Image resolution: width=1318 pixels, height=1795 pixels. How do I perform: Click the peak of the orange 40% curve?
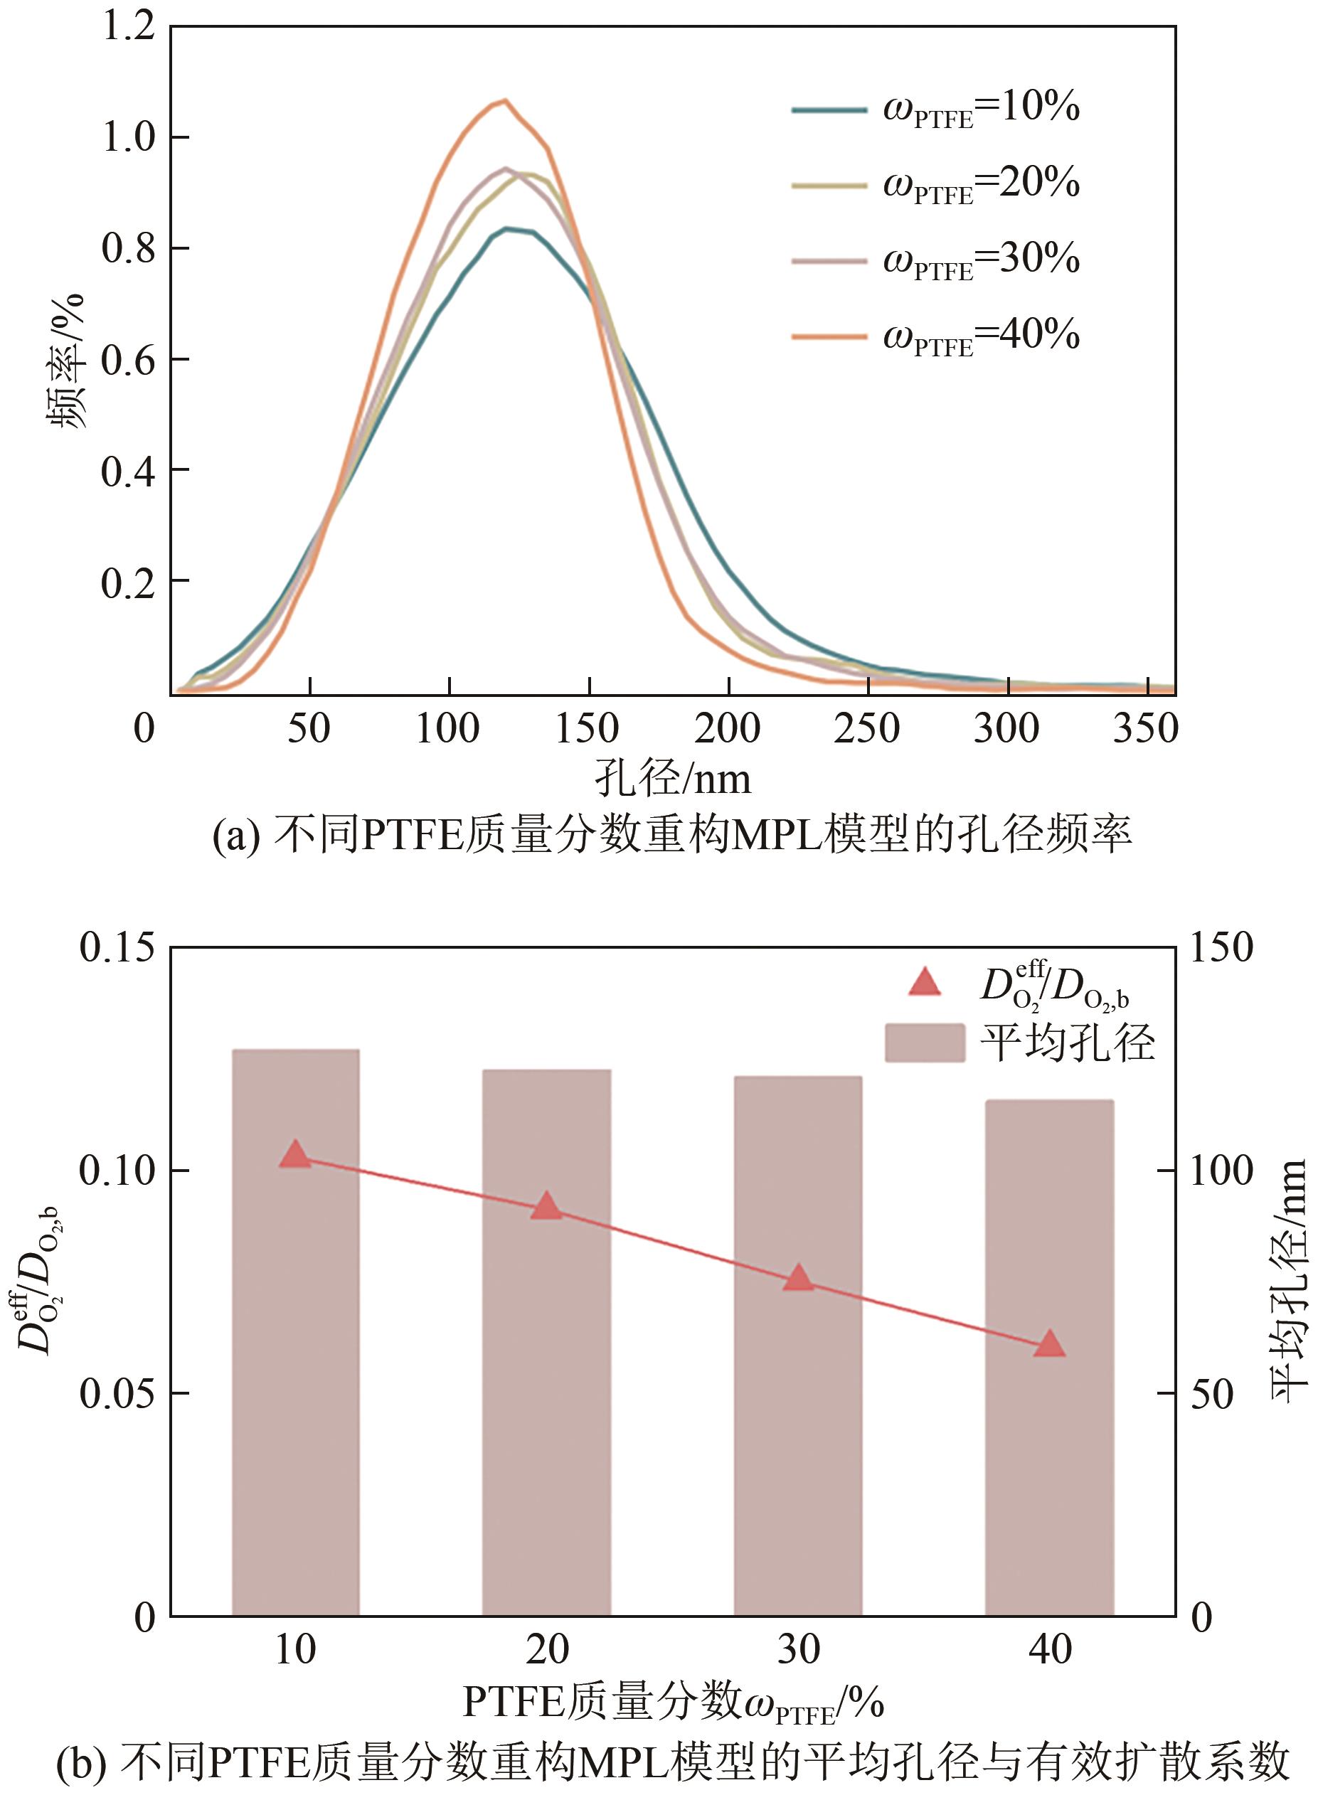tap(504, 100)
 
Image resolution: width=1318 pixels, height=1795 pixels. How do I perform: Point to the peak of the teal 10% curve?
tap(506, 229)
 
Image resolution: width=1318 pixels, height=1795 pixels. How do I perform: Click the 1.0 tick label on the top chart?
tap(127, 137)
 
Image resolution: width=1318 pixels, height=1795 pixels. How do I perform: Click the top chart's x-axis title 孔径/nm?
tap(673, 778)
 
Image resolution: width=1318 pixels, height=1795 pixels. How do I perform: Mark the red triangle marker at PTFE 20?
tap(547, 1207)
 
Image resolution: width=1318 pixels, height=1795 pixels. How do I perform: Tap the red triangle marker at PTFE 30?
tap(799, 1278)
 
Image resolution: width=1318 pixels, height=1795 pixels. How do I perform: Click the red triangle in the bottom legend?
tap(925, 984)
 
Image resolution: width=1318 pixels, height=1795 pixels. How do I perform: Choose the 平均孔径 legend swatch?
tap(925, 1043)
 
